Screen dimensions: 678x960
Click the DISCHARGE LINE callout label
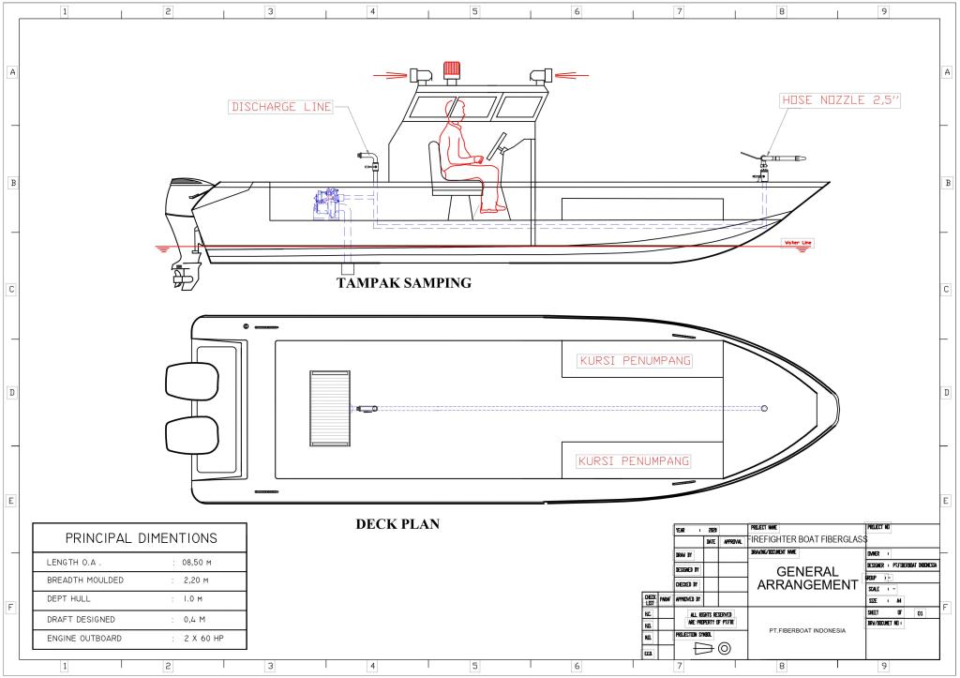pos(281,107)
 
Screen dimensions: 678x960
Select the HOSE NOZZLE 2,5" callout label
pos(840,99)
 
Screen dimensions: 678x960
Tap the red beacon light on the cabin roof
pos(452,69)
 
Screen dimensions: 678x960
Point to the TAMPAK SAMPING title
pos(404,283)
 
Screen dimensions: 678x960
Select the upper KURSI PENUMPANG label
pos(634,361)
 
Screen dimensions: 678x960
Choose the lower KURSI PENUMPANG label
pos(634,461)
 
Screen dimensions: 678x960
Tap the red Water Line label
pos(798,243)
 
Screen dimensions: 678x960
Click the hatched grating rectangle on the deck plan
pos(329,408)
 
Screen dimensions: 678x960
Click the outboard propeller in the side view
pos(181,278)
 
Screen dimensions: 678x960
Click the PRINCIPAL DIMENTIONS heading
pos(141,538)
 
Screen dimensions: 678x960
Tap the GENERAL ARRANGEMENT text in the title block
pos(806,579)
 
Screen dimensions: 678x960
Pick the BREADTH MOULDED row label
pos(85,580)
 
